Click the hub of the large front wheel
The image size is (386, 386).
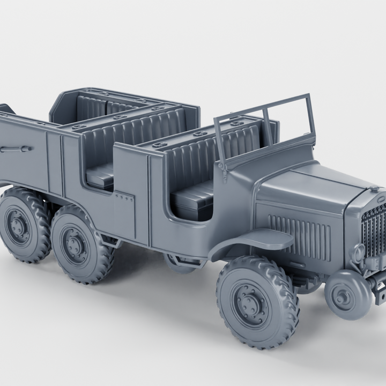point(251,303)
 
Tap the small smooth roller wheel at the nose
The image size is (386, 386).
point(348,295)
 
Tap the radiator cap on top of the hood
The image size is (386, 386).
point(374,189)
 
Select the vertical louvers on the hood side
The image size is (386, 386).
point(299,234)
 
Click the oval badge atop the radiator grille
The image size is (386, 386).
point(380,200)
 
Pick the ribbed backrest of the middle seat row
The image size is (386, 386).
point(134,137)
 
